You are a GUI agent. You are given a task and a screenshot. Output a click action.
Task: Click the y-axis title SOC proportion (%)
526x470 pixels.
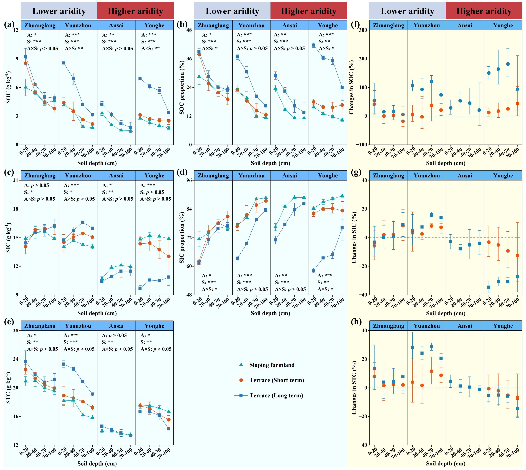coord(182,87)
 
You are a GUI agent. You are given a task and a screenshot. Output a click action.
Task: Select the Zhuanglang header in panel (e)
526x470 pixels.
coord(40,326)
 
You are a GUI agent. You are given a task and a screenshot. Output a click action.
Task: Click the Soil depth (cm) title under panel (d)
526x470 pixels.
coord(270,313)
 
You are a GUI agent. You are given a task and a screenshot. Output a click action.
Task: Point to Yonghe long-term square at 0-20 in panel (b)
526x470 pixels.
coord(313,45)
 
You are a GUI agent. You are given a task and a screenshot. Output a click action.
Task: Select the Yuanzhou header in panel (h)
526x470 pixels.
coord(427,326)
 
